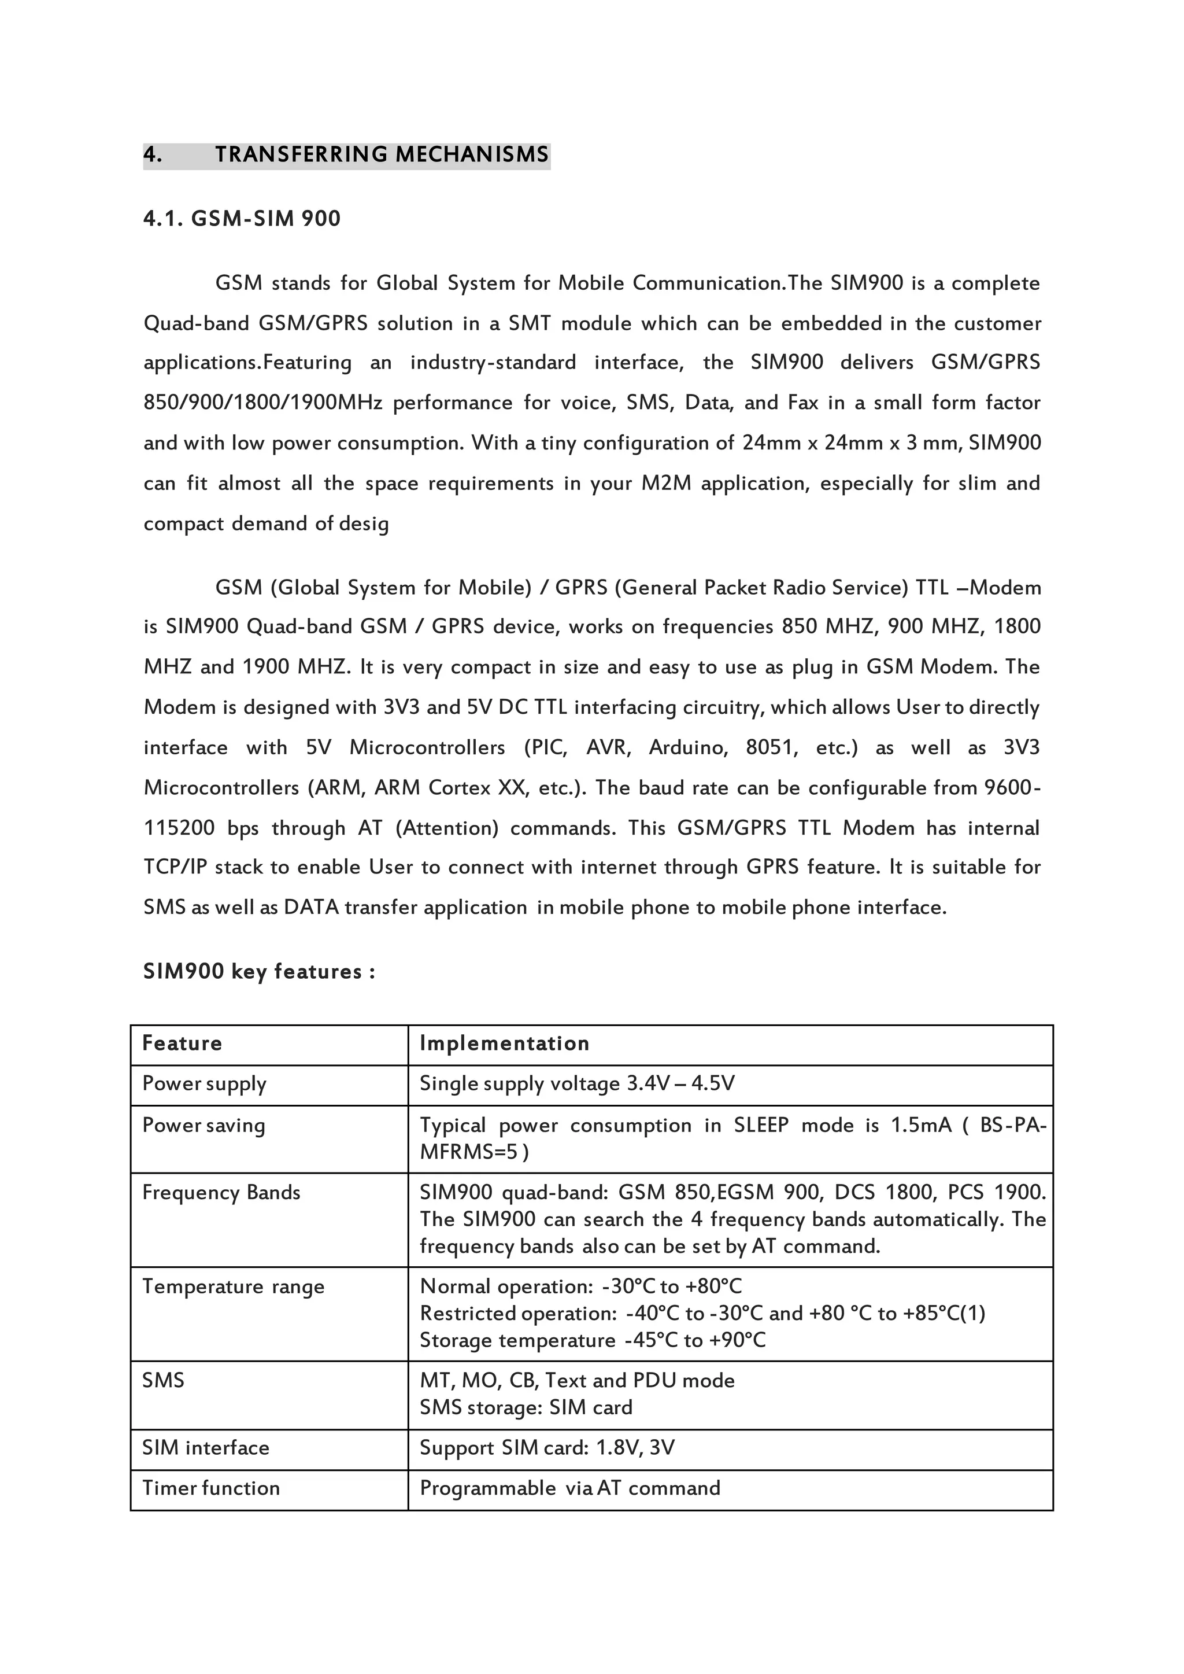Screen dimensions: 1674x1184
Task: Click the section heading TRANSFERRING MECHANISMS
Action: pyautogui.click(x=382, y=154)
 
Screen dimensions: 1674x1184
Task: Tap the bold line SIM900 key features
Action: pyautogui.click(x=259, y=972)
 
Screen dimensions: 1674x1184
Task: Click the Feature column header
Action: pyautogui.click(x=182, y=1043)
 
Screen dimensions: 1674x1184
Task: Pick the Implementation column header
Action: pyautogui.click(x=505, y=1043)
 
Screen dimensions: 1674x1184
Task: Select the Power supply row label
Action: pyautogui.click(x=204, y=1084)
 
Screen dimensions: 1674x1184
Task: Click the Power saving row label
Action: pyautogui.click(x=203, y=1126)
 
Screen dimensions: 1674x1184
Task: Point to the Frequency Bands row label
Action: pyautogui.click(x=221, y=1193)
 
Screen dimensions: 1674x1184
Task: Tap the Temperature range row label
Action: pyautogui.click(x=234, y=1286)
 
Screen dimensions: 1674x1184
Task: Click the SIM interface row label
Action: pyautogui.click(x=206, y=1448)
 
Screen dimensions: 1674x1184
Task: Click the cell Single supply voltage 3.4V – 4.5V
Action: pyautogui.click(x=577, y=1084)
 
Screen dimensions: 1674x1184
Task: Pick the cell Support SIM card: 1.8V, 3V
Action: pyautogui.click(x=547, y=1448)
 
